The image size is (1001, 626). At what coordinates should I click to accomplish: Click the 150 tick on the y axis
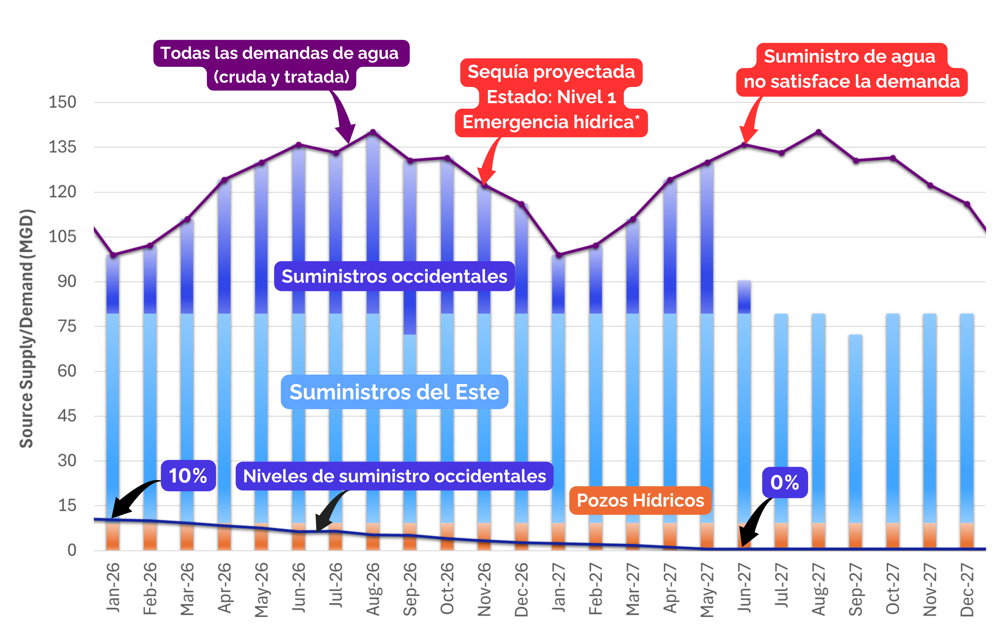(63, 102)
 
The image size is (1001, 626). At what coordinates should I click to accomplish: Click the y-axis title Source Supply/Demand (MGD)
(27, 328)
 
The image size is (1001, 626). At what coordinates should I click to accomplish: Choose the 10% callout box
(188, 476)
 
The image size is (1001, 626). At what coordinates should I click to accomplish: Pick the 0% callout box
(785, 482)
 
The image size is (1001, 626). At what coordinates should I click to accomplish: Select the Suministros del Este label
(394, 392)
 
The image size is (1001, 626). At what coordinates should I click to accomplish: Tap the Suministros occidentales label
(394, 276)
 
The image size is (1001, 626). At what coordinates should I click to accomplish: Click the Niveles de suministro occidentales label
(394, 476)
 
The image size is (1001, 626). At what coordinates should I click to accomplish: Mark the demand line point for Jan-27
(559, 255)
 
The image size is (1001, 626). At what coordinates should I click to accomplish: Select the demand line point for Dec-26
(522, 204)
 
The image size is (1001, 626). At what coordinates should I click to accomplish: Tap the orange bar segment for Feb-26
(150, 537)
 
